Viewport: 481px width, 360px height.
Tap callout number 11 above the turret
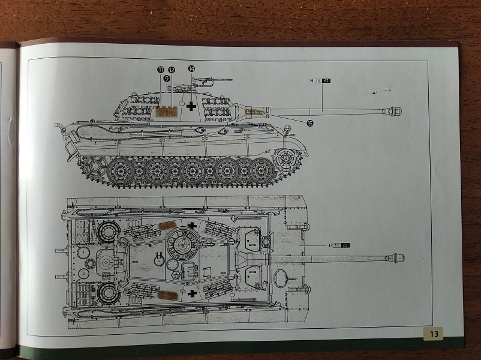pos(160,70)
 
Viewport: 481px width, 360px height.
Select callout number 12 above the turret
pos(171,70)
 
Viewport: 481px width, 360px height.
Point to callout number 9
pos(166,78)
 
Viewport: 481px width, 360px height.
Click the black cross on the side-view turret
pos(191,107)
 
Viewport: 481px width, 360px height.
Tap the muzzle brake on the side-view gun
pos(395,110)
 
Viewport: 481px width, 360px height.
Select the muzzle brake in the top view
pos(396,259)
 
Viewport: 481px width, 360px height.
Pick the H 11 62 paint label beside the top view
pos(339,245)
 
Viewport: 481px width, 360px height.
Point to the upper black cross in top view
pos(191,226)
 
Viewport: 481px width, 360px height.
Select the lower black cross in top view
pos(191,293)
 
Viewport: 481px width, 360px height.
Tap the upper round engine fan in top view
pos(108,230)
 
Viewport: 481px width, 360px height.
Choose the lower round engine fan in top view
pos(108,292)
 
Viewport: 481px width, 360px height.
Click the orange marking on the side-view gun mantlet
pos(255,112)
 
